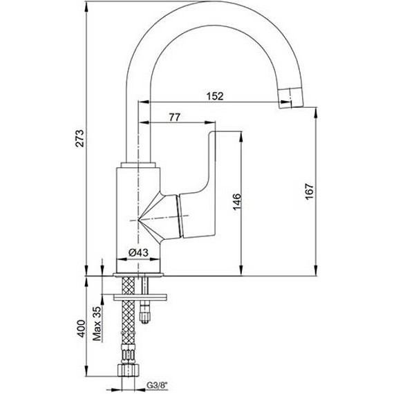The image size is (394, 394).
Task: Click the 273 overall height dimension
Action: (79, 138)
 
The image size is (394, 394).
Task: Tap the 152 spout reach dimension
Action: (215, 96)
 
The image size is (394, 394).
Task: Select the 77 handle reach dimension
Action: (175, 117)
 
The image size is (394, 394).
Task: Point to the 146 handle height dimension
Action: (236, 202)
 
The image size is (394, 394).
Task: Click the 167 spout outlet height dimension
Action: (310, 191)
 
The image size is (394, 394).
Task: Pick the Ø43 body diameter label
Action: (138, 252)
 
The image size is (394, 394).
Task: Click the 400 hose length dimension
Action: (81, 328)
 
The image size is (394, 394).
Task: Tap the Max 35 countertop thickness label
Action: (97, 324)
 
